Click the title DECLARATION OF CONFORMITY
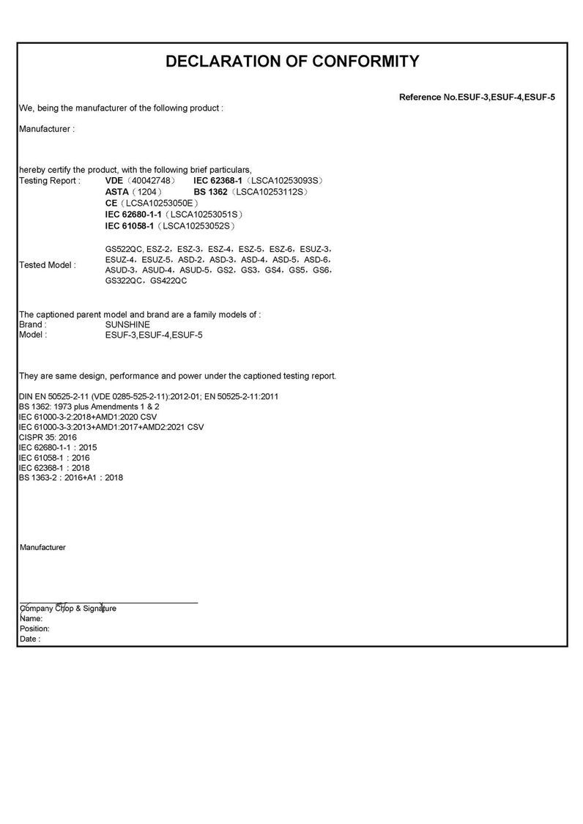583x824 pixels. click(292, 62)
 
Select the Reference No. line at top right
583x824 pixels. click(477, 97)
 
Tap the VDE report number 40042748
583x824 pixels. click(150, 180)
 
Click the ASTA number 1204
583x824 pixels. click(149, 191)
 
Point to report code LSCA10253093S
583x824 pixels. click(286, 180)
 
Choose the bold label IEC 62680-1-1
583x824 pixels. click(133, 214)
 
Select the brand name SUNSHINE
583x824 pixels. click(127, 324)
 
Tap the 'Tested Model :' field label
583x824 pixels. click(47, 265)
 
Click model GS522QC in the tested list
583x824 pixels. click(122, 248)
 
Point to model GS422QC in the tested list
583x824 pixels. click(168, 281)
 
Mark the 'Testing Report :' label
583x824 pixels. click(50, 180)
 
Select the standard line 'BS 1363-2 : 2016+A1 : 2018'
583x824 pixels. click(71, 478)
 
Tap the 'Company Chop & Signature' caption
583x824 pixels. click(67, 609)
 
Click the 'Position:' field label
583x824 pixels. click(34, 628)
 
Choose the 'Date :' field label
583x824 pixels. click(30, 639)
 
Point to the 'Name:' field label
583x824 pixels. click(31, 618)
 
